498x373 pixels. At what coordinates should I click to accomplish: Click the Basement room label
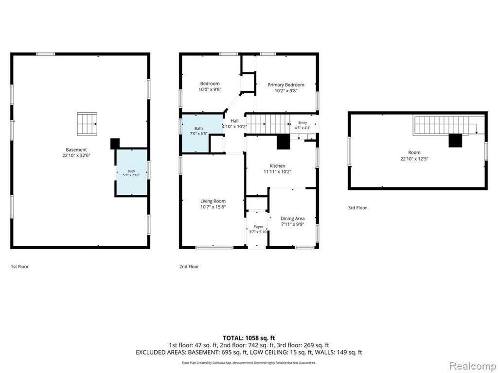pyautogui.click(x=76, y=150)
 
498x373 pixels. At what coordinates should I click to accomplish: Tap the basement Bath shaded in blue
pyautogui.click(x=131, y=172)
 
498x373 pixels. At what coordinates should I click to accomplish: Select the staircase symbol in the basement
pyautogui.click(x=87, y=124)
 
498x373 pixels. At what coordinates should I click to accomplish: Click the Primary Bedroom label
pyautogui.click(x=286, y=85)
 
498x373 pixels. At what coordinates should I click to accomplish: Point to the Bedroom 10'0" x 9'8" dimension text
pyautogui.click(x=210, y=89)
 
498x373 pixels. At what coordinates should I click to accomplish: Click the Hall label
pyautogui.click(x=234, y=121)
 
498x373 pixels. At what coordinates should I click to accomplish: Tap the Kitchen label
pyautogui.click(x=277, y=166)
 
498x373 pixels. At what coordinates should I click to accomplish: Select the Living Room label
pyautogui.click(x=213, y=201)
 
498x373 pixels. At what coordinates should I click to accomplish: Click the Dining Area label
pyautogui.click(x=292, y=219)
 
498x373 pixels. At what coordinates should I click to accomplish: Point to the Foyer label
pyautogui.click(x=258, y=227)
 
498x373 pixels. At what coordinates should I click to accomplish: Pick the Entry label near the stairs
pyautogui.click(x=302, y=123)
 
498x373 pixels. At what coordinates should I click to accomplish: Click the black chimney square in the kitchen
pyautogui.click(x=284, y=142)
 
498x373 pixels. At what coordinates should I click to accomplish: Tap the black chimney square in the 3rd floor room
pyautogui.click(x=455, y=140)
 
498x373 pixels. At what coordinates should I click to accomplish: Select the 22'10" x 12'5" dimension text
pyautogui.click(x=414, y=159)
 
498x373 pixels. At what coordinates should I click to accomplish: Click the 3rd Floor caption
pyautogui.click(x=357, y=208)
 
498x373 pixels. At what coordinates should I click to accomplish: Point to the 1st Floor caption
pyautogui.click(x=19, y=267)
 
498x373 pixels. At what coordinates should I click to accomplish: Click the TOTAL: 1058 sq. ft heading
pyautogui.click(x=249, y=338)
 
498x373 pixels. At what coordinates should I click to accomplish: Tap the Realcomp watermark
pyautogui.click(x=473, y=366)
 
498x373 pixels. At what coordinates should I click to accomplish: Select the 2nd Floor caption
pyautogui.click(x=189, y=267)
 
